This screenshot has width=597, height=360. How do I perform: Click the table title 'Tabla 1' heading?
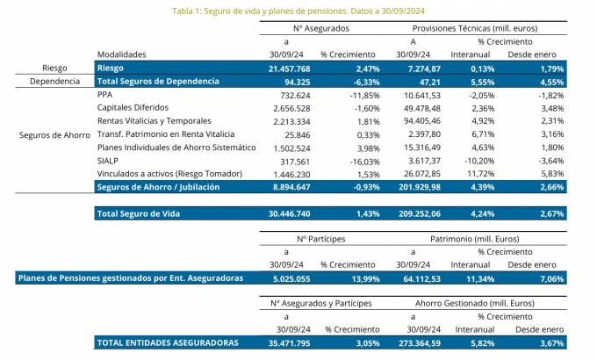[x=298, y=11]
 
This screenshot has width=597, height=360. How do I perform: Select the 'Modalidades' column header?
[x=121, y=54]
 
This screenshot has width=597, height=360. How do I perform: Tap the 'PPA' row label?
[x=106, y=94]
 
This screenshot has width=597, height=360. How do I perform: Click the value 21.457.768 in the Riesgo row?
[x=285, y=68]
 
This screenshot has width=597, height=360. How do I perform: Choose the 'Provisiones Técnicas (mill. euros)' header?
[x=477, y=28]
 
